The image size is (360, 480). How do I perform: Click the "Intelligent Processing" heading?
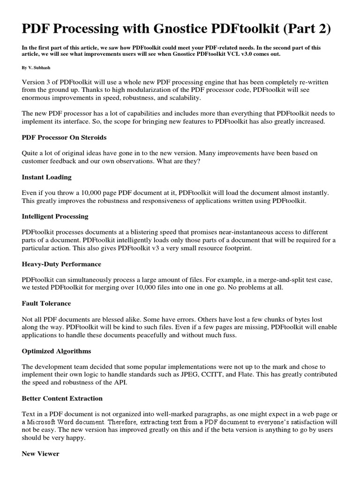pos(55,217)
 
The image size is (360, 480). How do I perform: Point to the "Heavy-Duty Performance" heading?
pos(61,264)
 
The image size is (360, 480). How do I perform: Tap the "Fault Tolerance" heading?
pos(46,303)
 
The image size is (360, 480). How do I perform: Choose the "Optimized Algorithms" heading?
pos(56,351)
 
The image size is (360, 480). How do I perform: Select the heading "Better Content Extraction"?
pos(62,398)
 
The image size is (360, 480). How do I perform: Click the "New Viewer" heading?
pos(40,454)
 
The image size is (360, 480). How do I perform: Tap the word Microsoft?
pos(45,422)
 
